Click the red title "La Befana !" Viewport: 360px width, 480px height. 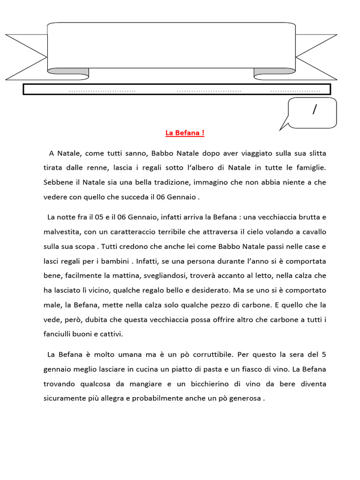click(x=185, y=133)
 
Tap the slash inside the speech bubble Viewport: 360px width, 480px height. click(x=314, y=110)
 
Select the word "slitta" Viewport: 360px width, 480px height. click(x=316, y=153)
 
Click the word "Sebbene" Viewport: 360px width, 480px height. click(x=56, y=182)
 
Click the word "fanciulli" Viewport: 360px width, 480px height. click(x=58, y=334)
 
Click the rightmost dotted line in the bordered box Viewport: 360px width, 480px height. click(x=296, y=90)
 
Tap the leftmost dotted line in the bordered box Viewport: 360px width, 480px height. click(x=102, y=90)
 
